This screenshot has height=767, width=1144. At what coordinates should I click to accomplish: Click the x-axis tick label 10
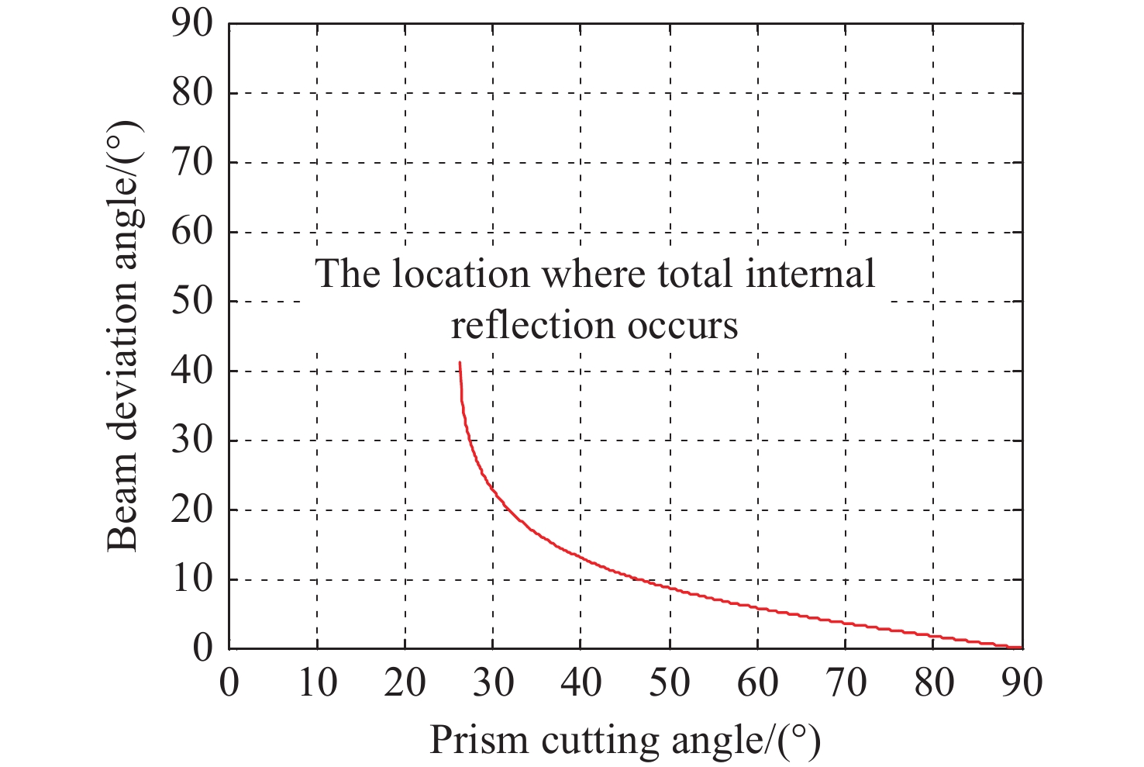pyautogui.click(x=317, y=683)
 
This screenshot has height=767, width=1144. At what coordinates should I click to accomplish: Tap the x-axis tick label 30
pyautogui.click(x=493, y=683)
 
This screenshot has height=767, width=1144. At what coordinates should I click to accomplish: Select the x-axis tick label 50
pyautogui.click(x=669, y=683)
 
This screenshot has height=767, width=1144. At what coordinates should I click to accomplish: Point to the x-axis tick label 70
pyautogui.click(x=845, y=683)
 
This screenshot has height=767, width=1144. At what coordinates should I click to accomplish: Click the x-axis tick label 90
pyautogui.click(x=1022, y=683)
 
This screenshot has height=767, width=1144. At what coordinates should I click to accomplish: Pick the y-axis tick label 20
pyautogui.click(x=191, y=510)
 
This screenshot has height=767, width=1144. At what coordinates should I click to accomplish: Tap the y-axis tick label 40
pyautogui.click(x=191, y=371)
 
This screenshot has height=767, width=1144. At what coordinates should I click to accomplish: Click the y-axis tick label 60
pyautogui.click(x=191, y=232)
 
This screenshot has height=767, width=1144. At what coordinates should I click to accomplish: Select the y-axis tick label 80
pyautogui.click(x=191, y=93)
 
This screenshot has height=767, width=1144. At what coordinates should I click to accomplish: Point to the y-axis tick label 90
pyautogui.click(x=191, y=24)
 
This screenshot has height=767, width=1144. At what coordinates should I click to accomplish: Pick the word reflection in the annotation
pyautogui.click(x=533, y=326)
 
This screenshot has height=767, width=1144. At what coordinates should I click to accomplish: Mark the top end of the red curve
pyautogui.click(x=460, y=362)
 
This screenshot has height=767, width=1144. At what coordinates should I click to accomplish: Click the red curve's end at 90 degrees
pyautogui.click(x=1021, y=647)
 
